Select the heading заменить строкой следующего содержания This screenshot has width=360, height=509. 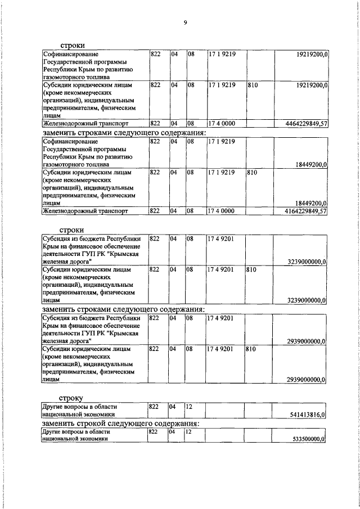[122, 423]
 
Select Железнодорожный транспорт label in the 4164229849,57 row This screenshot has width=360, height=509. [85, 211]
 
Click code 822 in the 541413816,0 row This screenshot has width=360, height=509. [154, 406]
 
